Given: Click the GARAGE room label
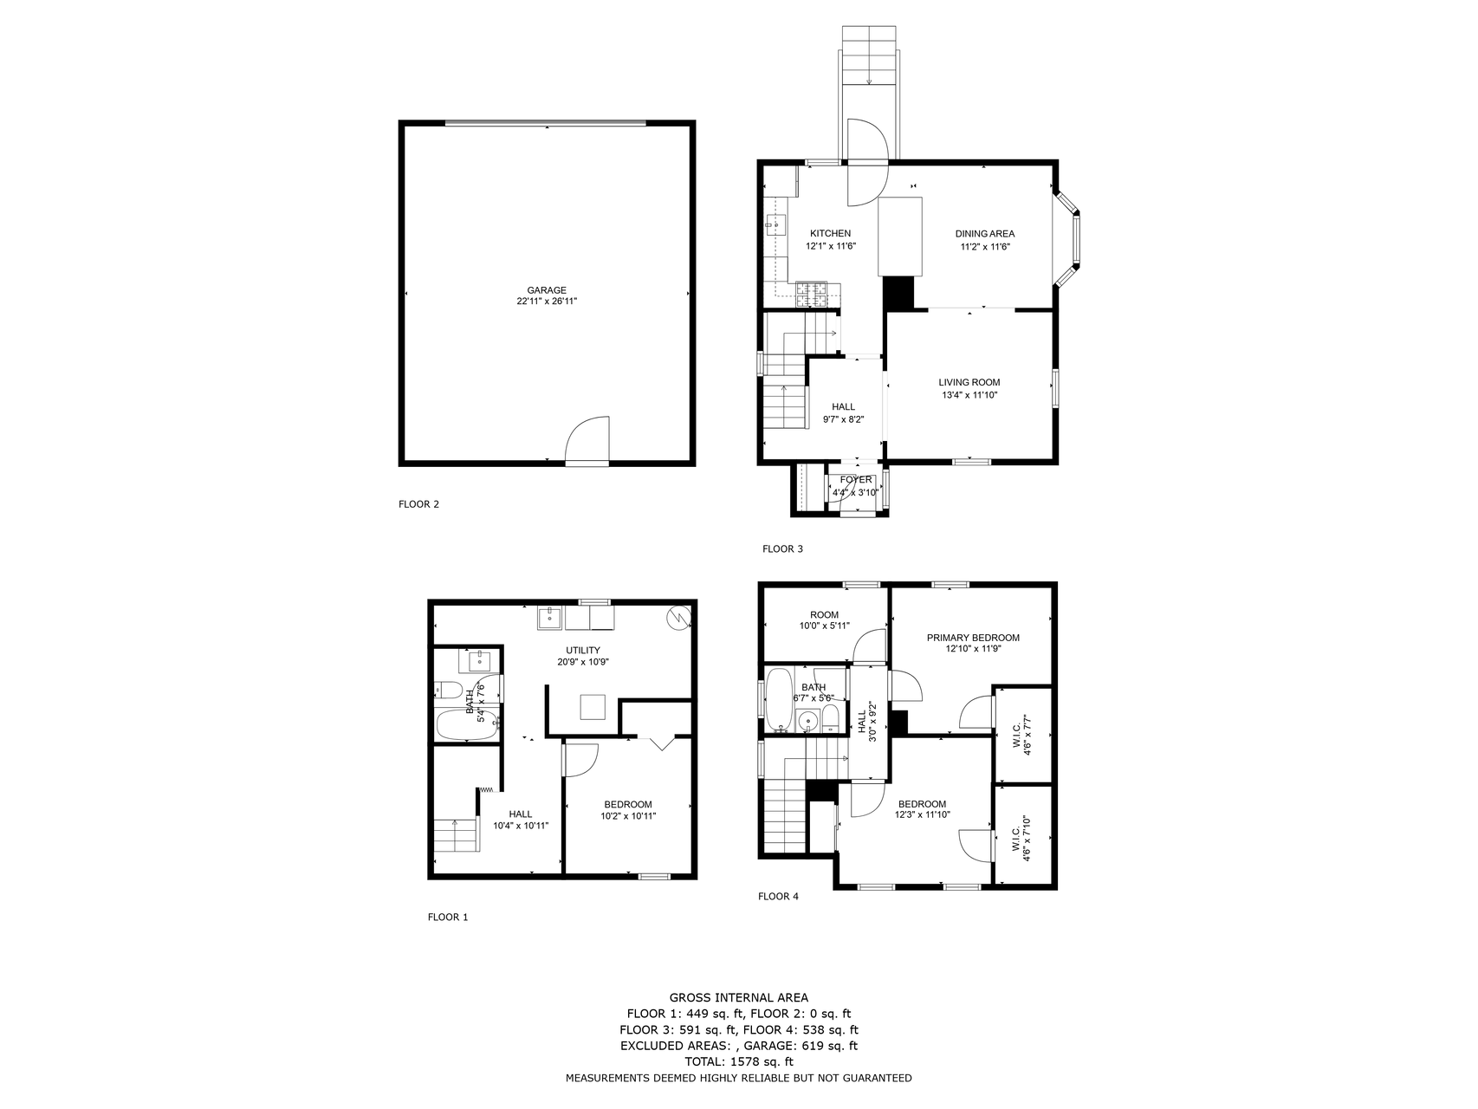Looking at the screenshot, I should pos(547,291).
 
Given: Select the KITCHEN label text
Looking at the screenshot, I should pos(830,234).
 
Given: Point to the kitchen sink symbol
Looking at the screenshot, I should pos(775,225).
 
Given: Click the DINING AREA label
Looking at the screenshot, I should pos(984,234).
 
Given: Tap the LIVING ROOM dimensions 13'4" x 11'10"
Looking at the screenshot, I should pos(969,396).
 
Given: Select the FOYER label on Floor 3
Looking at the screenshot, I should pos(855,480).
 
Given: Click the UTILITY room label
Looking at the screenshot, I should pos(582,651).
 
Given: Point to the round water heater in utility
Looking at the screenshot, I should pos(678,617).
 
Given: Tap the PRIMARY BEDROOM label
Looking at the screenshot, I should pos(972,638).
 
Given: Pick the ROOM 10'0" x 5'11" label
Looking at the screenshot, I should pos(824,620).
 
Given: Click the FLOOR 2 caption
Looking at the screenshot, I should pos(418,504).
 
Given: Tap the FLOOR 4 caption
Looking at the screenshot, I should pos(777,897).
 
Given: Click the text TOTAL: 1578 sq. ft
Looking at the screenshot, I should pos(738,1061).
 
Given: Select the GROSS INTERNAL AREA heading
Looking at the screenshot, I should pos(738,998).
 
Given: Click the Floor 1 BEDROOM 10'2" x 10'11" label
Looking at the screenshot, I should pos(627,810).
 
